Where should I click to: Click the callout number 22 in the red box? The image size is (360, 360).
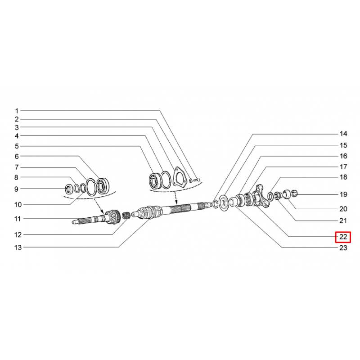(x=343, y=237)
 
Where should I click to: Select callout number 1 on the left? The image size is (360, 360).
(x=17, y=111)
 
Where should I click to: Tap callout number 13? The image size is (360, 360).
(x=18, y=247)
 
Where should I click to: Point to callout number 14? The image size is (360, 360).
(x=343, y=134)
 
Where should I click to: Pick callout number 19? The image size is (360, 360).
(x=343, y=194)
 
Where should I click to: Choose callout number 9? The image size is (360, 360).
(x=16, y=189)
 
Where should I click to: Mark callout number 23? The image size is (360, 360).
(x=343, y=248)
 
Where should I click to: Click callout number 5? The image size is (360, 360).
(x=17, y=146)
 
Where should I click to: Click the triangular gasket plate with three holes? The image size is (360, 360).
(x=179, y=176)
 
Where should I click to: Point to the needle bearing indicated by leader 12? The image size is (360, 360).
(x=126, y=216)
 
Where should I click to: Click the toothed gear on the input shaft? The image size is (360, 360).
(x=112, y=216)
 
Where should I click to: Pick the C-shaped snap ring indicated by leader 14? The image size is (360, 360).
(x=216, y=204)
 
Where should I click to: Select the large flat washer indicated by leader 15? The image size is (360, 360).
(x=223, y=203)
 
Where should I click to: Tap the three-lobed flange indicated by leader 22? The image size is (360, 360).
(x=261, y=196)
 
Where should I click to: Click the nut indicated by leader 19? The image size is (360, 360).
(x=294, y=193)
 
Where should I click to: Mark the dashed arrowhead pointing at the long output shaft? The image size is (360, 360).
(x=176, y=202)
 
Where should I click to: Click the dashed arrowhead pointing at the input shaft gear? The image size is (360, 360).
(x=102, y=211)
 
